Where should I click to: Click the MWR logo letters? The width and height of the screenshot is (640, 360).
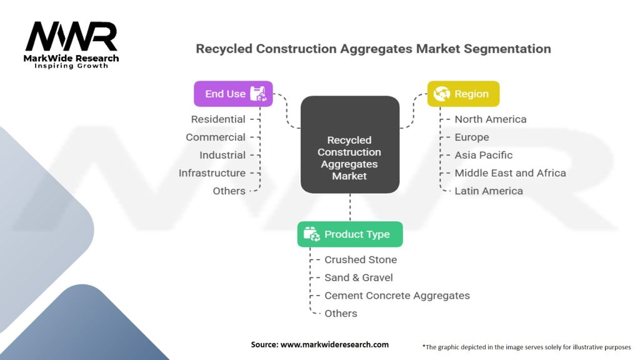tap(71, 36)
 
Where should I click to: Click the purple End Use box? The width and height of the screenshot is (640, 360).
tap(233, 94)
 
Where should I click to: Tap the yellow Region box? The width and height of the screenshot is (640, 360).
tap(463, 94)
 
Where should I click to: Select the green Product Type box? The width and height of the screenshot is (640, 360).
tap(350, 234)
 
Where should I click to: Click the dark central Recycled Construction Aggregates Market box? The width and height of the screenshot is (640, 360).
tap(350, 144)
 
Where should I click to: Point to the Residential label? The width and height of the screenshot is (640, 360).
tap(218, 119)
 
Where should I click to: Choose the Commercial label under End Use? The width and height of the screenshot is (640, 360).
tap(216, 137)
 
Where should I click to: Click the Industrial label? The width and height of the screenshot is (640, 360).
tap(222, 155)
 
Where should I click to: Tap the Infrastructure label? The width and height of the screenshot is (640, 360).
tap(212, 173)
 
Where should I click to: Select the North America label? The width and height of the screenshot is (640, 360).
tap(491, 119)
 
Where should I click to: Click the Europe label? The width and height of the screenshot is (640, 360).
tap(472, 137)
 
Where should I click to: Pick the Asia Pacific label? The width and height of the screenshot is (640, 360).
tap(484, 155)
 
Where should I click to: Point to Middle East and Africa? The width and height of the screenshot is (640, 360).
tap(510, 173)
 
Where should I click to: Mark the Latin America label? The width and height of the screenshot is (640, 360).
tap(489, 191)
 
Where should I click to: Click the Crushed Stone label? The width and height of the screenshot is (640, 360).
tap(361, 259)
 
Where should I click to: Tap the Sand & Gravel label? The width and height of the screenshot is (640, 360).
tap(358, 277)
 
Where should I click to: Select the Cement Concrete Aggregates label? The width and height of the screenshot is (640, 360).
tap(397, 296)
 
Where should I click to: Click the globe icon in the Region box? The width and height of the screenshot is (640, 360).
tap(442, 94)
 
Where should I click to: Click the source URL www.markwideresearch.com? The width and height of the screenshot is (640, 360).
tap(334, 344)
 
